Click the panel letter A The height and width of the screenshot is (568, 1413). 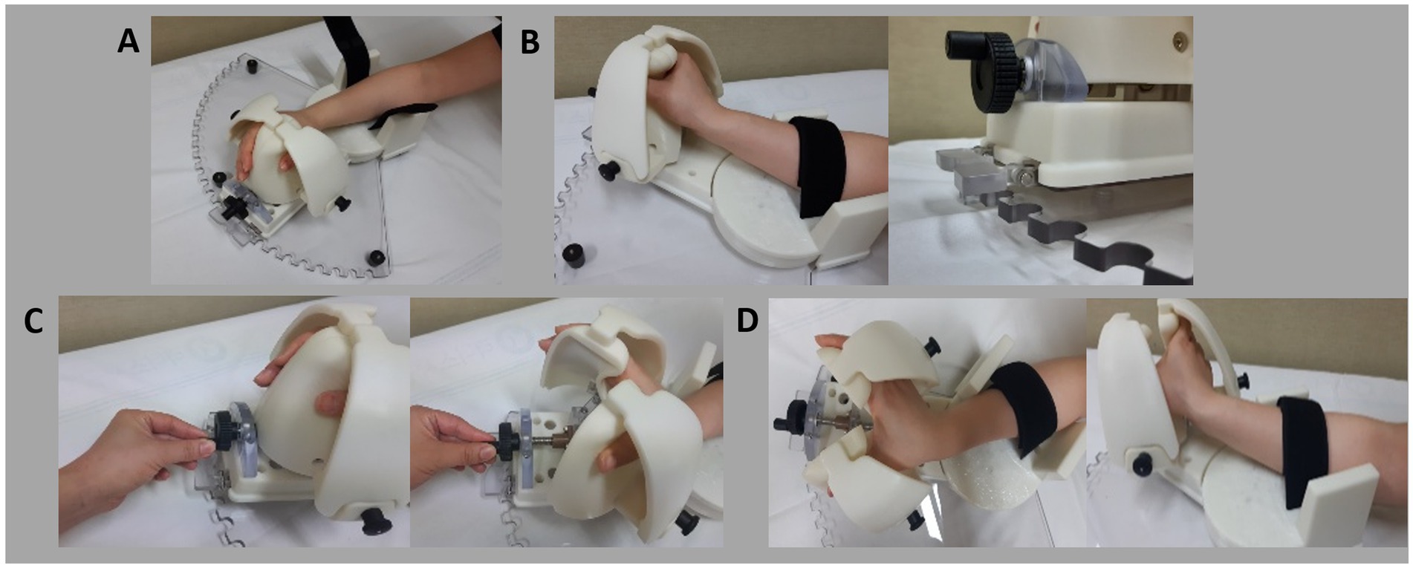click(x=128, y=42)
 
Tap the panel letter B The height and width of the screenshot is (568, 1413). click(x=530, y=42)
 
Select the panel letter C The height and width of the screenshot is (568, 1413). click(x=33, y=321)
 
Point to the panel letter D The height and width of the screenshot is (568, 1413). click(x=747, y=321)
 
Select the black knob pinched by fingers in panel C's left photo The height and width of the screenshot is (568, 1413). click(x=220, y=431)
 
